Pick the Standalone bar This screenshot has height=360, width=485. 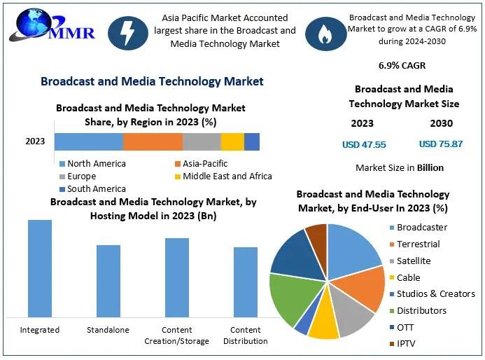(108, 281)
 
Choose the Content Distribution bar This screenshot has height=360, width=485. (245, 282)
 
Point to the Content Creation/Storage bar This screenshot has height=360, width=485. (176, 277)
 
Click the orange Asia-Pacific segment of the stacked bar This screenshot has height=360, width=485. (153, 141)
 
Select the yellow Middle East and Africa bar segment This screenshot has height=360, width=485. (232, 141)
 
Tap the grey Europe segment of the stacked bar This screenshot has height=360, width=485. (202, 141)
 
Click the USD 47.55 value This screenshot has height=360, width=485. (363, 144)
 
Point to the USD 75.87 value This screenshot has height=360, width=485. (440, 144)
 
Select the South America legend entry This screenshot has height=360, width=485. (92, 189)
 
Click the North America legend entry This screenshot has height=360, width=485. (92, 164)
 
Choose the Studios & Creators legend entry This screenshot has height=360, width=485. (430, 294)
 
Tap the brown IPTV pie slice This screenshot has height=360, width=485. (317, 234)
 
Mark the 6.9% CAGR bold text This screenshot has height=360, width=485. (401, 66)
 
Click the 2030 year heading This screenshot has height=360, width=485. (441, 123)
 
